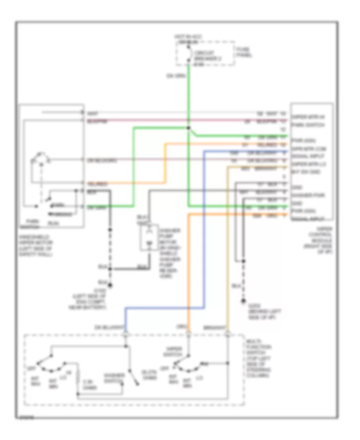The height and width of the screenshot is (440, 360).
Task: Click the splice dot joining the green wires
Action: pos(188,128)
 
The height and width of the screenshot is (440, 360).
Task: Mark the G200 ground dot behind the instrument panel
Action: pos(243,300)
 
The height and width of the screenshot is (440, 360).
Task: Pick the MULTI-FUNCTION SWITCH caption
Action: pos(259,358)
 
